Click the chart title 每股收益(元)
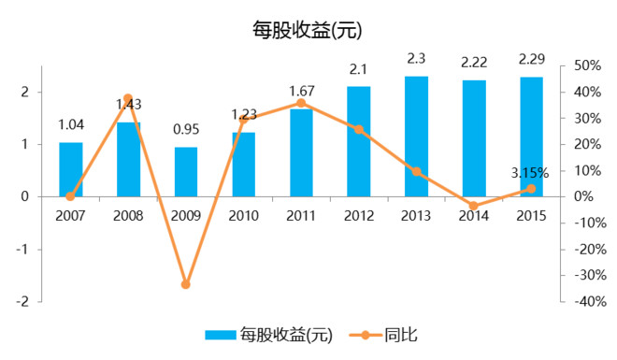307,30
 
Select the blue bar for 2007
71,169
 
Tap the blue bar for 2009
186,172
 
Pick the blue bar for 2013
416,137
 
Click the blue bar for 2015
531,137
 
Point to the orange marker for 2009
186,284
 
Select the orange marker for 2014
473,206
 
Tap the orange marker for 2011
301,103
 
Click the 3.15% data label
529,173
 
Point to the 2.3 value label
416,60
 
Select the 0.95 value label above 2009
186,131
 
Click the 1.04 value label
71,125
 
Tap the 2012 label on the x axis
358,216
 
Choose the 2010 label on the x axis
243,216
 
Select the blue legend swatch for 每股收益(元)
221,334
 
